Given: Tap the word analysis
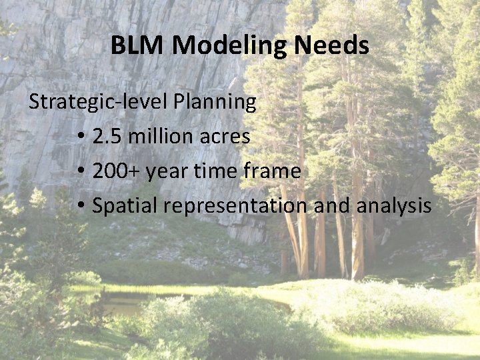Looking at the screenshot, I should pos(394,206).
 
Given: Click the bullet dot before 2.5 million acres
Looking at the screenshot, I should pos(80,137).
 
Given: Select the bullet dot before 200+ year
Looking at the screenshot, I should pos(80,172).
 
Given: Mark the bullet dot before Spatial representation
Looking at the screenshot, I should pos(80,207).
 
